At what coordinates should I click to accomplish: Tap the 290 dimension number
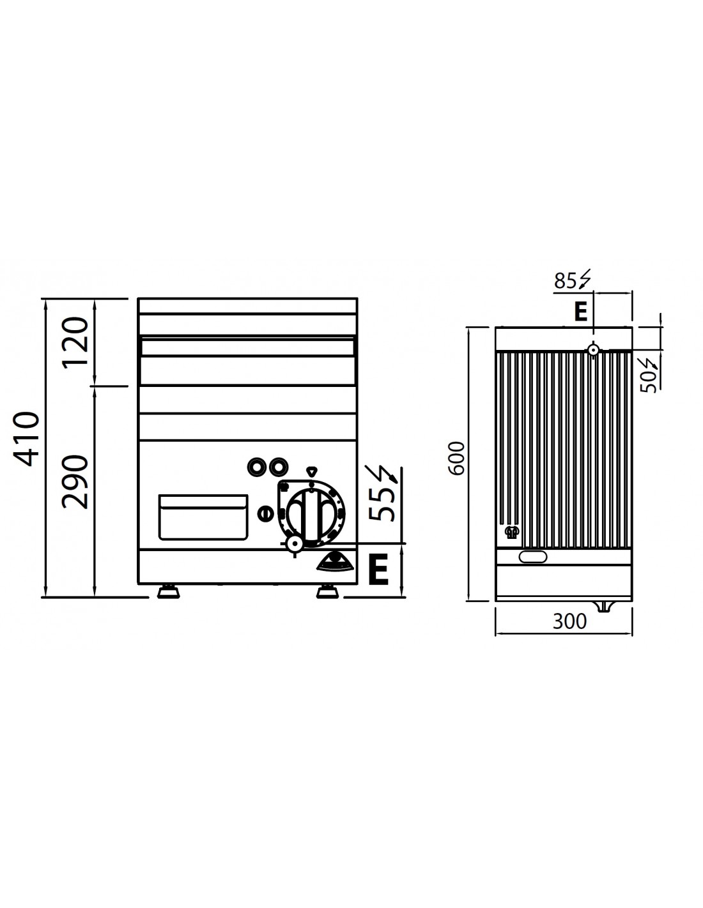(x=75, y=482)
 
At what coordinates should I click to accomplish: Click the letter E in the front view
(x=378, y=569)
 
